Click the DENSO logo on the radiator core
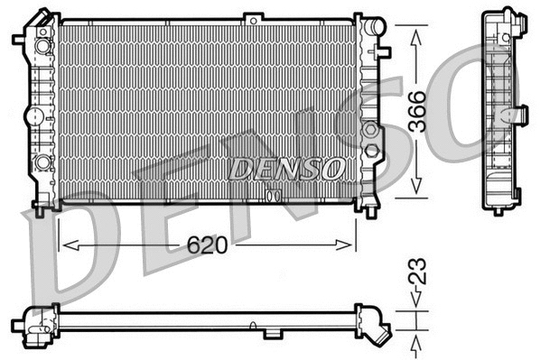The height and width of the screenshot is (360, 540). tap(286, 169)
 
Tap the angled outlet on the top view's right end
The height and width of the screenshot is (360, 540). tap(377, 326)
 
